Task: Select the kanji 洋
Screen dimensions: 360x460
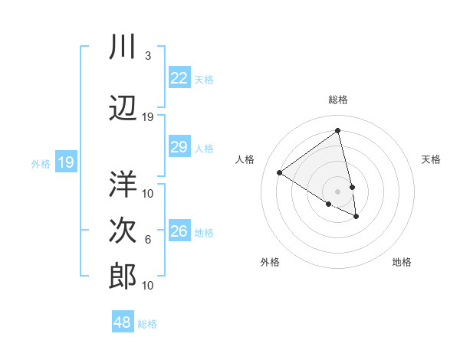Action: click(123, 185)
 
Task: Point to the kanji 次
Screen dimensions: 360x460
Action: click(123, 231)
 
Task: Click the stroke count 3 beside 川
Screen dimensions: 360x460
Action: click(148, 56)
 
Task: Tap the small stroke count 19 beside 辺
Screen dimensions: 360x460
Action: click(148, 117)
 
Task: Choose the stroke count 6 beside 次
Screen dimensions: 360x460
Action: click(148, 240)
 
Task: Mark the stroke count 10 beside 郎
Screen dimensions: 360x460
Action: click(148, 286)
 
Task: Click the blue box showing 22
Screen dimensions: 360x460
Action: click(179, 78)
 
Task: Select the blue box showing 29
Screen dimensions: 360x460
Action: click(179, 147)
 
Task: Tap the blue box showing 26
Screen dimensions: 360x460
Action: click(179, 231)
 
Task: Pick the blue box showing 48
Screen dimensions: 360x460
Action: click(123, 322)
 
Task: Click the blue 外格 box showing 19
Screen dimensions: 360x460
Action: click(66, 162)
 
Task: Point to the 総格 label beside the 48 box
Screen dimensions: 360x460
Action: click(147, 324)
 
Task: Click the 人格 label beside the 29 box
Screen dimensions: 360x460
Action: click(204, 148)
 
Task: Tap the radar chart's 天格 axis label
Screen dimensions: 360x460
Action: click(431, 159)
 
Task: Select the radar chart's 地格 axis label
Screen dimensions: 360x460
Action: click(402, 262)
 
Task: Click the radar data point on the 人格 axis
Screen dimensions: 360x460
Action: click(280, 172)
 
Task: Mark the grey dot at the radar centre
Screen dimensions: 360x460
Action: click(338, 191)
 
